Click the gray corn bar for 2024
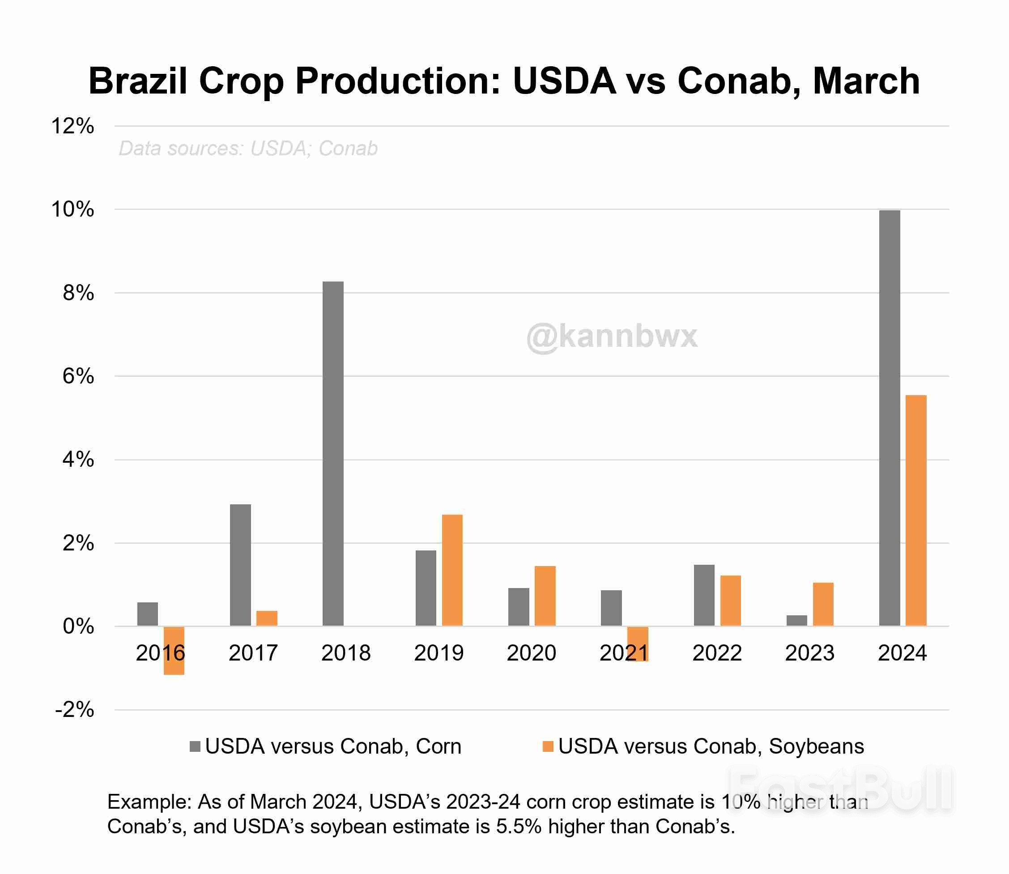889,418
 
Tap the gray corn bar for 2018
333,454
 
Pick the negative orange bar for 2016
174,651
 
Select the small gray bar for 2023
796,620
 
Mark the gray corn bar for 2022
704,595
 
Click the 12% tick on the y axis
72,126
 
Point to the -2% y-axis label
75,710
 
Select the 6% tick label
78,376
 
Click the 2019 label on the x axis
439,653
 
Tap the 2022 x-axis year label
716,653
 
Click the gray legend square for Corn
195,747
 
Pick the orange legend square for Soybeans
548,747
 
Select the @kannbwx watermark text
612,337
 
